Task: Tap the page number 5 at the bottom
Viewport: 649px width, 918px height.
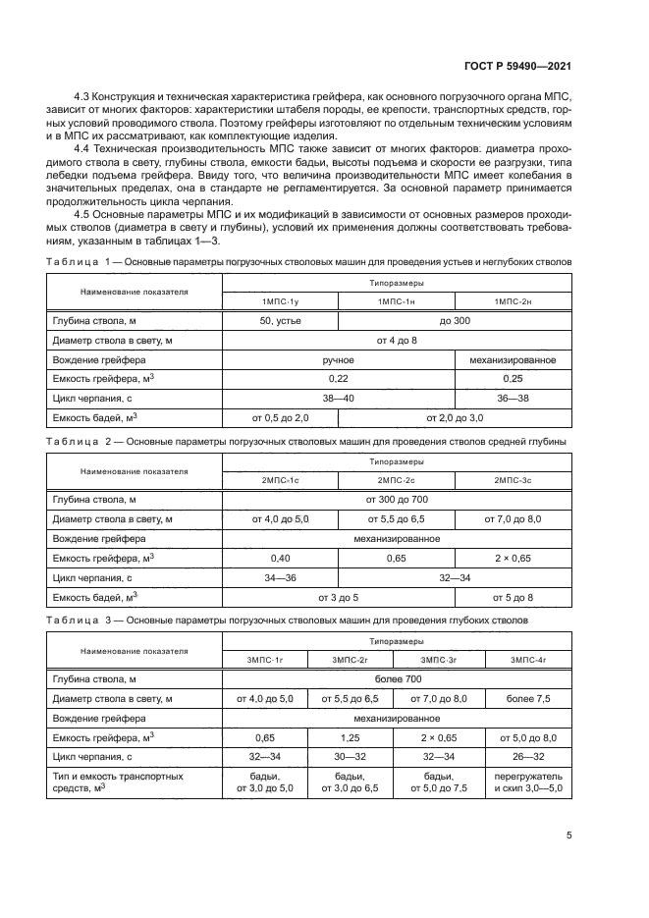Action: pyautogui.click(x=569, y=836)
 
